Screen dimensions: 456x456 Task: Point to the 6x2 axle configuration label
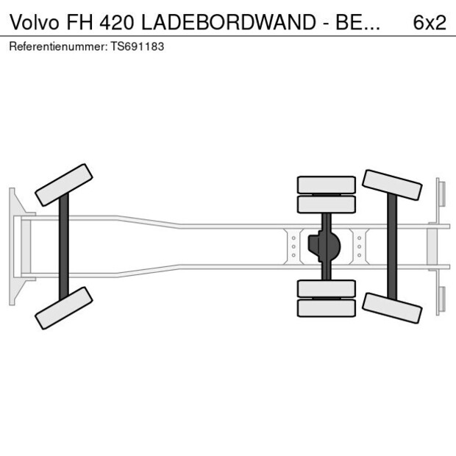coord(430,22)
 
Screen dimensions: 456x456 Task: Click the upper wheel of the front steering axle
coord(64,185)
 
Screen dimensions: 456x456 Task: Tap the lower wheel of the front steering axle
coord(64,307)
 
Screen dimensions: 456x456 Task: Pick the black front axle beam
coord(64,246)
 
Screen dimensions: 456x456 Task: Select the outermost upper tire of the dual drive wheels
coord(327,184)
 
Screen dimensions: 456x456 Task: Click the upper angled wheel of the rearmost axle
coord(393,185)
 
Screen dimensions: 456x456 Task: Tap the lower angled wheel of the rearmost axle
coord(393,307)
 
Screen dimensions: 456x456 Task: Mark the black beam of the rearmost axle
coord(393,246)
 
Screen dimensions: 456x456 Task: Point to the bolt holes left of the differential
coord(293,246)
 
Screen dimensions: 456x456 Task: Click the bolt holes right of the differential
coord(359,246)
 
